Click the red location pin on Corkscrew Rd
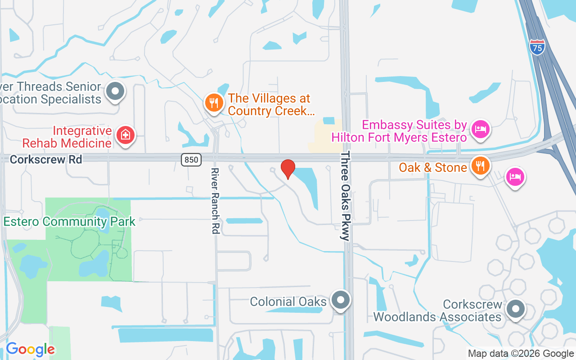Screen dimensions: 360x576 (288, 169)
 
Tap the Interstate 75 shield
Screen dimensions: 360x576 (537, 47)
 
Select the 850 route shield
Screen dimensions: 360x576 (191, 159)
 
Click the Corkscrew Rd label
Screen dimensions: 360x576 (46, 159)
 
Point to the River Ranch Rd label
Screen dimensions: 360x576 (215, 201)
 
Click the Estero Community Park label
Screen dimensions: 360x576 (69, 221)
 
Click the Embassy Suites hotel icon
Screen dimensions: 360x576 (481, 129)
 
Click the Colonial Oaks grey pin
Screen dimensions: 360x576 (340, 299)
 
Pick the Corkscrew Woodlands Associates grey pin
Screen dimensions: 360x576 (516, 309)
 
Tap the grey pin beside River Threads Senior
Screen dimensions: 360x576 (116, 91)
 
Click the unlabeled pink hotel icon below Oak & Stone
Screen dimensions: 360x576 (515, 176)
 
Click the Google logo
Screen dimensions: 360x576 (30, 349)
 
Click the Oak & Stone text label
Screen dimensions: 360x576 (433, 167)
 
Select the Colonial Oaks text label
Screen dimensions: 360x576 (288, 301)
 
